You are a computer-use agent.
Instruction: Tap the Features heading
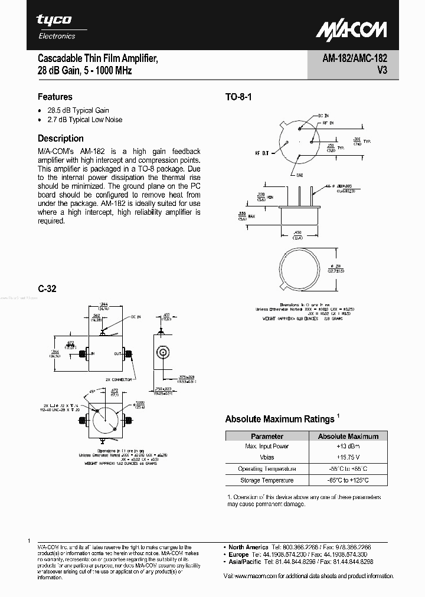coord(55,97)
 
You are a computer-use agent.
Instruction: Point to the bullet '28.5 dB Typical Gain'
coord(79,110)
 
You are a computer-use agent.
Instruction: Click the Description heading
coord(61,139)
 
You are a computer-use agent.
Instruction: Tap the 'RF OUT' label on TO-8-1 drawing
coord(261,153)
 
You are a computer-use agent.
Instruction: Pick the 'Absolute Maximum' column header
coord(348,436)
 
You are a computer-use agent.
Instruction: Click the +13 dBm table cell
coord(348,447)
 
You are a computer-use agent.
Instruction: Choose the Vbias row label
coord(267,458)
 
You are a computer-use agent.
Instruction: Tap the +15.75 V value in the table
coord(348,458)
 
